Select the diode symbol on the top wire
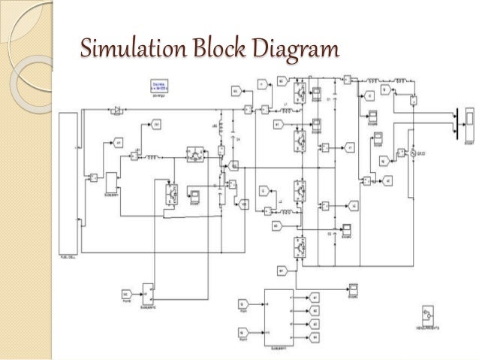point(117,111)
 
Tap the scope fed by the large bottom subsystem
point(353,289)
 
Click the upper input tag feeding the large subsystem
point(243,303)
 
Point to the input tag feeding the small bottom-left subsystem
point(125,292)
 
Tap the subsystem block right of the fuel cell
point(110,182)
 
